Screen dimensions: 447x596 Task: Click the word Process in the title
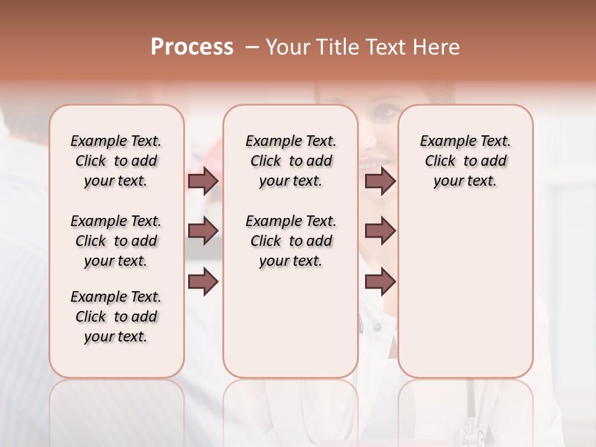click(x=192, y=47)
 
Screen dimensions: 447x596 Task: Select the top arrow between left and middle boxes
click(x=203, y=181)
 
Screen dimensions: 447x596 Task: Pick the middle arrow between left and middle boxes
click(x=203, y=232)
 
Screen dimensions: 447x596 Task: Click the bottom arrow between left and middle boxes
click(x=203, y=282)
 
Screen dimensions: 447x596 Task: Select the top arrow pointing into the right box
click(x=380, y=181)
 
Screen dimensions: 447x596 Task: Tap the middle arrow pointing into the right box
click(x=380, y=232)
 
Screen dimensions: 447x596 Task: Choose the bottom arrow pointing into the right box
click(x=380, y=282)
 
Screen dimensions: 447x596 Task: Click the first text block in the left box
click(x=116, y=161)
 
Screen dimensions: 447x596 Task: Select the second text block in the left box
click(x=116, y=241)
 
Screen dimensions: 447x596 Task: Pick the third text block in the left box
click(x=116, y=317)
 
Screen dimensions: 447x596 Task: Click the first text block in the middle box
click(x=291, y=161)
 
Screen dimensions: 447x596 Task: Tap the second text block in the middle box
click(x=291, y=241)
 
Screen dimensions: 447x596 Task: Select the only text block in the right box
click(x=465, y=161)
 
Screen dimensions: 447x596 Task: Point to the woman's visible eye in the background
click(x=387, y=112)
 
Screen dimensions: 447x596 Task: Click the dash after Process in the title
click(x=251, y=47)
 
